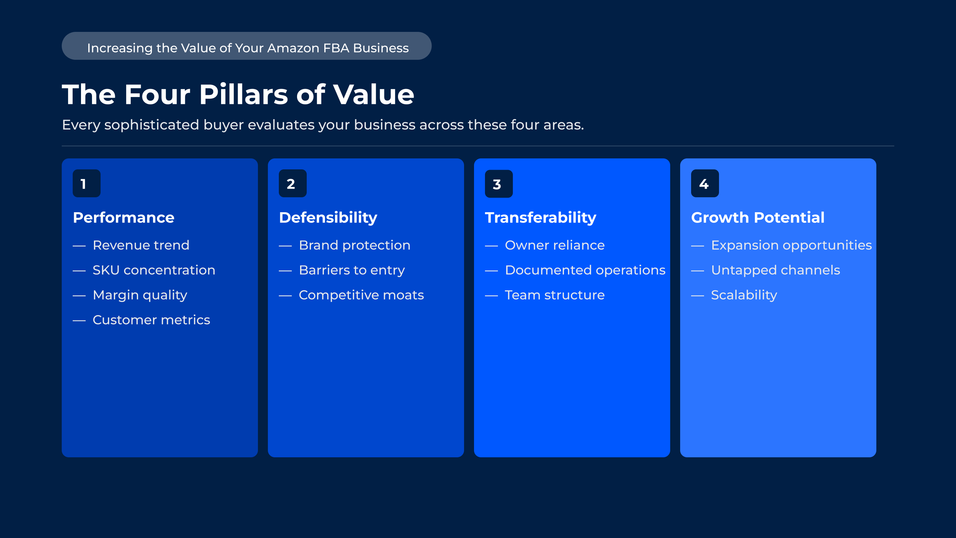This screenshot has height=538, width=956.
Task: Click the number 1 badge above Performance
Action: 86,183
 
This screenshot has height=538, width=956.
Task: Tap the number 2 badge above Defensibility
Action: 292,183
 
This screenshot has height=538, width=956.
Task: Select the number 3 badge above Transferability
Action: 499,184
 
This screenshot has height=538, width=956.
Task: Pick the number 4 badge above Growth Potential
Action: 705,183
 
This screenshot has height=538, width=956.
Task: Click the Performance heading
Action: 123,218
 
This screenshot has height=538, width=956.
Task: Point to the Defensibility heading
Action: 328,218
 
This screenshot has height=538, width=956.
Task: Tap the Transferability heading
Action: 540,218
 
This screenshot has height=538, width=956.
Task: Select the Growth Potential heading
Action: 757,218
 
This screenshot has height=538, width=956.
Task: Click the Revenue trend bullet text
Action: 141,245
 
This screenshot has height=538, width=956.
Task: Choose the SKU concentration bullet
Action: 154,270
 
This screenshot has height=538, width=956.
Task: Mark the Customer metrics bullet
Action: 151,320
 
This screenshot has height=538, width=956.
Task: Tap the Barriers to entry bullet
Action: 352,270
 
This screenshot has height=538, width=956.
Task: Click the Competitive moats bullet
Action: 361,295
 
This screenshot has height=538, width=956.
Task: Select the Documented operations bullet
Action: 585,270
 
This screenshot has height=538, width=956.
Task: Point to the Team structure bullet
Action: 555,295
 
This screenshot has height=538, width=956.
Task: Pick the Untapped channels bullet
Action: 776,270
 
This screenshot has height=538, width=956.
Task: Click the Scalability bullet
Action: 744,295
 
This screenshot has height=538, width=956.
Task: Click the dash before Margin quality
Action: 79,296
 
